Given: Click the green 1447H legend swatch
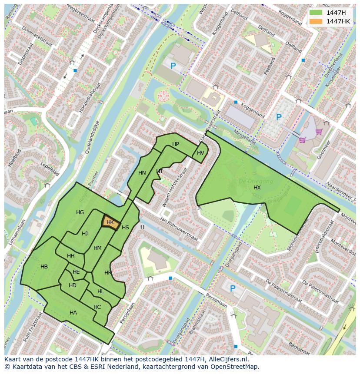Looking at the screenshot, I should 316,13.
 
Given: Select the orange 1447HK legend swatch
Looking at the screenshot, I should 316,21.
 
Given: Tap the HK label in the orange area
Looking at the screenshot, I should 110,222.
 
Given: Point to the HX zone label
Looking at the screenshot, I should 257,187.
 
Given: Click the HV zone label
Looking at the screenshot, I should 200,153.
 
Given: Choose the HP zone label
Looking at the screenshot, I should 176,144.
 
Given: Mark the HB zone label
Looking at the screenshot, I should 44,267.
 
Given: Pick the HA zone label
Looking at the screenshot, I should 73,312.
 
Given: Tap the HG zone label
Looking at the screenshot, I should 80,212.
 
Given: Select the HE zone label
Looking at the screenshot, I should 76,272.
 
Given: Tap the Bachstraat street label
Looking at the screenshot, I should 299,346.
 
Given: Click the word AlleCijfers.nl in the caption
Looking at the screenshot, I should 227,359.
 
